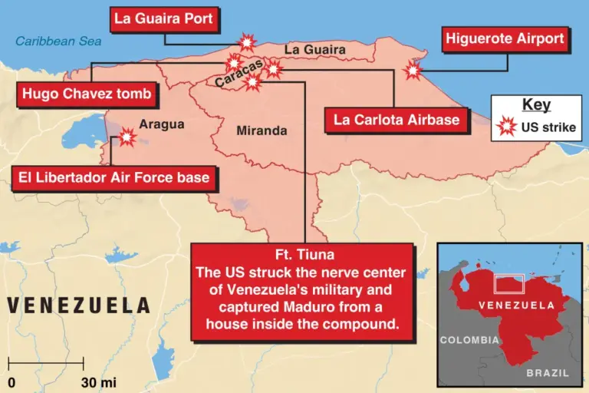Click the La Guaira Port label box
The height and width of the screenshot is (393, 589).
[x=163, y=18]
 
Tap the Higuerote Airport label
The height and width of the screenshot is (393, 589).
[x=505, y=38]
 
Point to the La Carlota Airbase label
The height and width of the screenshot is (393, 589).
[x=397, y=119]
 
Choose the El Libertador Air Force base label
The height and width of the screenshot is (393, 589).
[x=111, y=178]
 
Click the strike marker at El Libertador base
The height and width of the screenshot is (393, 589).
[x=125, y=137]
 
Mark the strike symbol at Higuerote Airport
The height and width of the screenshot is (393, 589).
[x=413, y=71]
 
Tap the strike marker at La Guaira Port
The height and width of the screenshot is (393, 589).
[x=247, y=42]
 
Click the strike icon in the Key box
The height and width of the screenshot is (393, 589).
[x=506, y=127]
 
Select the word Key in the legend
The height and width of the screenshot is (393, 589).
[x=535, y=105]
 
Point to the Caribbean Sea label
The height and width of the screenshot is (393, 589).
[x=59, y=41]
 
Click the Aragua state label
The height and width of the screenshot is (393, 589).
[x=162, y=124]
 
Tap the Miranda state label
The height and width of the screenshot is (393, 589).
[x=262, y=131]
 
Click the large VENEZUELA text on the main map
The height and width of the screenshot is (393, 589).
[x=78, y=305]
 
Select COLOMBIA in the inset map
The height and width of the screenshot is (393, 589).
[x=469, y=339]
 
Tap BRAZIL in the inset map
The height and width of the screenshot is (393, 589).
[x=548, y=373]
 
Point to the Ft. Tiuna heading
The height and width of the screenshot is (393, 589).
[x=304, y=255]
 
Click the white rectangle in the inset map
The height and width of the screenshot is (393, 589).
[x=510, y=283]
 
